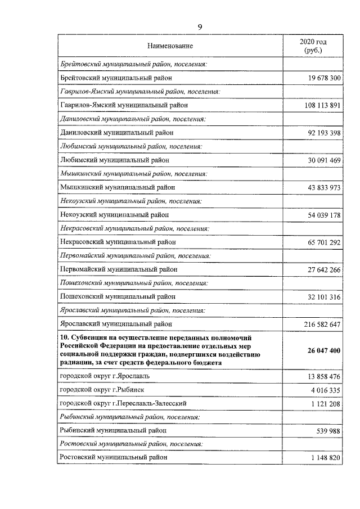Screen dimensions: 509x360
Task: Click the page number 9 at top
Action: (x=199, y=27)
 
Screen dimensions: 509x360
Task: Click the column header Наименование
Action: (x=170, y=46)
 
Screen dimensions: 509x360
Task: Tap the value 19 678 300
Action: (x=321, y=78)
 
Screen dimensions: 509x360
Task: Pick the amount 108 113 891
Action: (x=318, y=105)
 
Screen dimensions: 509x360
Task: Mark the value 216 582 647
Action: (x=318, y=324)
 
